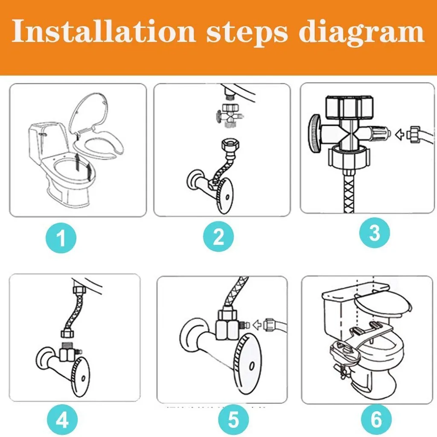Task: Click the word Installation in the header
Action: click(x=104, y=31)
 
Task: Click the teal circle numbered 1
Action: click(x=61, y=238)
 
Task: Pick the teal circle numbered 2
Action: click(x=218, y=236)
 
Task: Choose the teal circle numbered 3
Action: click(x=374, y=233)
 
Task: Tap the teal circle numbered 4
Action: click(x=62, y=420)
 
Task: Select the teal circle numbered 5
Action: click(x=233, y=420)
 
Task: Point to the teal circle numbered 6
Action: click(x=376, y=420)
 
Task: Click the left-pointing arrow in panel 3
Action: click(x=399, y=134)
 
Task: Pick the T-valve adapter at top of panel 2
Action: click(x=230, y=115)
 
